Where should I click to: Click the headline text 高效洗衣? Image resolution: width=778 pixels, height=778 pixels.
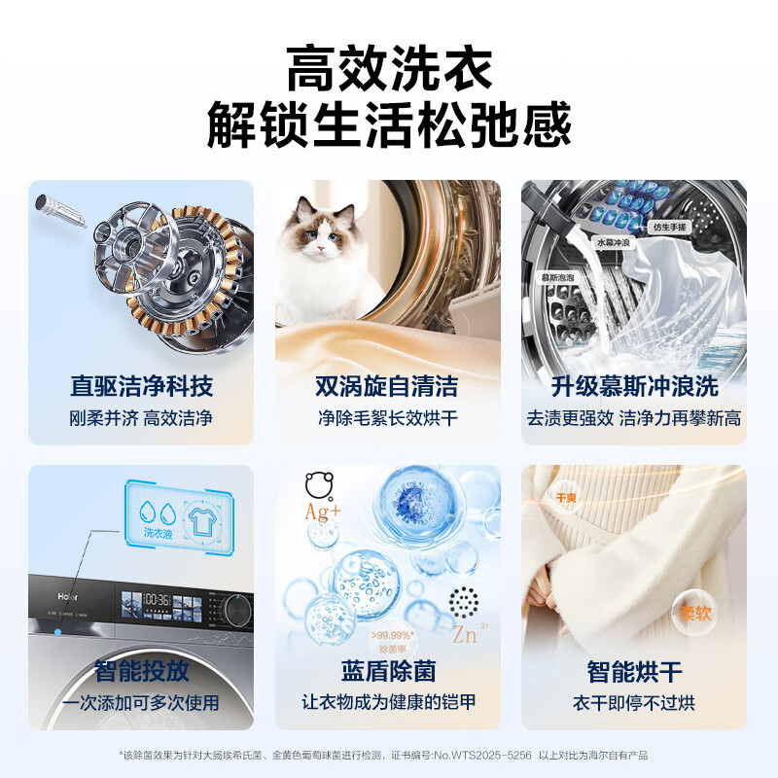tap(389, 70)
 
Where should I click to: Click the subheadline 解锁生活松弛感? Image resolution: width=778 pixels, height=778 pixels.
tap(389, 126)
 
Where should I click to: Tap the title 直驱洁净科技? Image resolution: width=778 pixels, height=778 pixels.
tap(141, 386)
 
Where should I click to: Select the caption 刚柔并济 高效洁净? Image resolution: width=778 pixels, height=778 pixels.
tap(141, 418)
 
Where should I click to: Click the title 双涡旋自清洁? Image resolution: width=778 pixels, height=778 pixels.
tap(387, 386)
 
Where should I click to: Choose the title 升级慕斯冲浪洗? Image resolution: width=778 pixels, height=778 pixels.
tap(634, 386)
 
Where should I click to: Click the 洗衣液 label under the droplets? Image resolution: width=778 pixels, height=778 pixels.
tap(159, 532)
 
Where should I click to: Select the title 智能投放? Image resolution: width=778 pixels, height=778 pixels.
tap(141, 671)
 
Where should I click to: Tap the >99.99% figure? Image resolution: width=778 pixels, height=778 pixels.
tap(393, 635)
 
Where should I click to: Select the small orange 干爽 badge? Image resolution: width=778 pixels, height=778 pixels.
tap(565, 497)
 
